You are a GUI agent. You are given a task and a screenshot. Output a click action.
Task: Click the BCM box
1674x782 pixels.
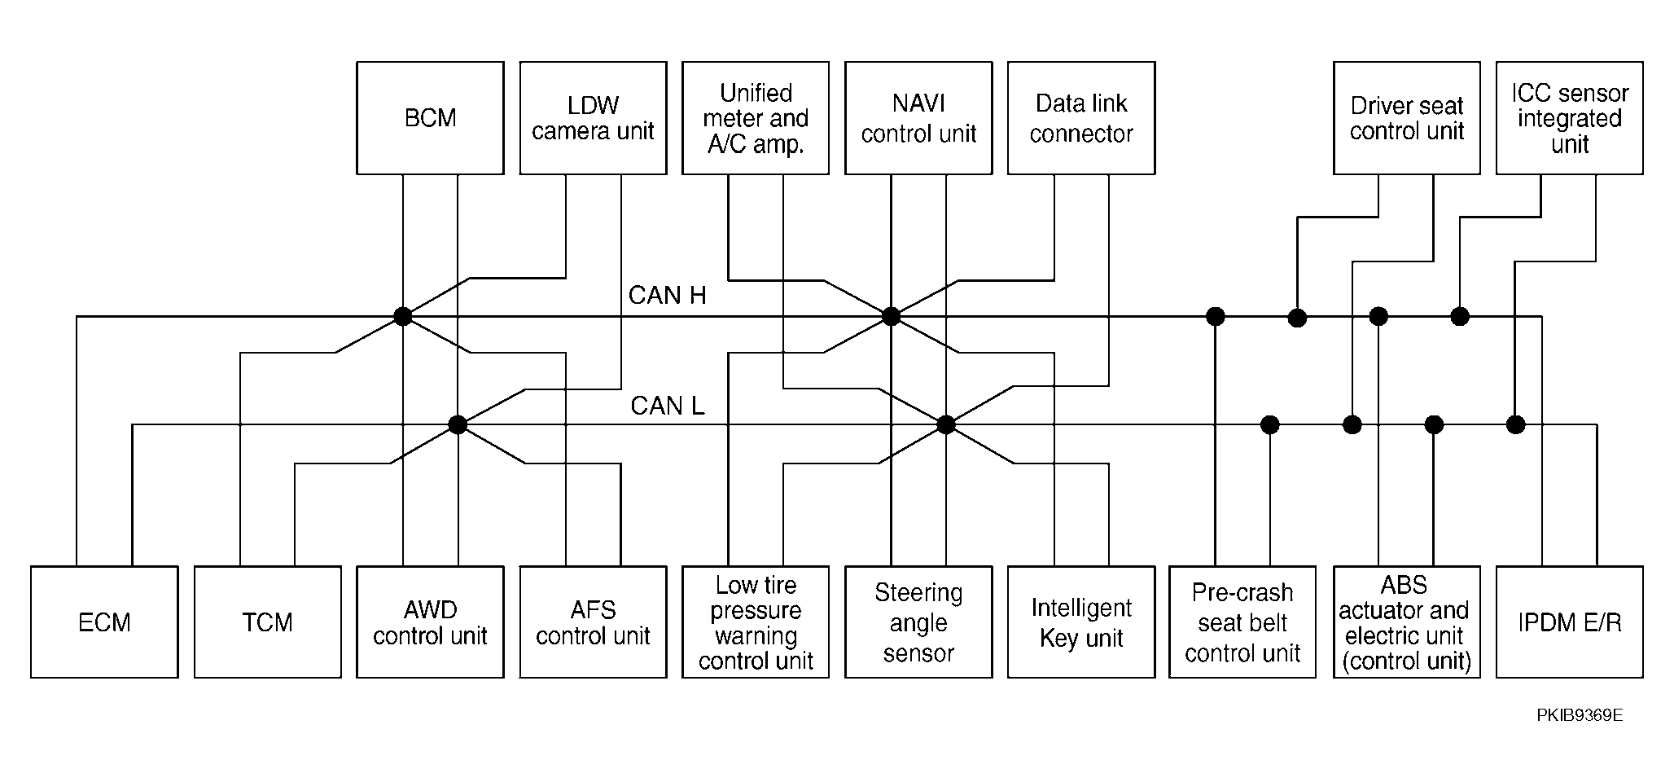430,118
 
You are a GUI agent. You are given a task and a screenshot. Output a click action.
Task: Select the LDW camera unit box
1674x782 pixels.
593,118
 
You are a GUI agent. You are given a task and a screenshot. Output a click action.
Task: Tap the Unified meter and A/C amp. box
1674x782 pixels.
756,118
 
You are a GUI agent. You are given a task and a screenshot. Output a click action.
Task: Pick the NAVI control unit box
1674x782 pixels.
918,118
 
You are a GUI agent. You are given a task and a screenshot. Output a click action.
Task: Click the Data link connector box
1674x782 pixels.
1081,118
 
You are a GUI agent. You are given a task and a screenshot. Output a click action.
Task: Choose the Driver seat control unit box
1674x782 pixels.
1407,118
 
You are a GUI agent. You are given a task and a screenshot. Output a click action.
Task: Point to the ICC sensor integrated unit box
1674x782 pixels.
1570,118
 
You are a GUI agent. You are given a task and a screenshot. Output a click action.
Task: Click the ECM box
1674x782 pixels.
104,622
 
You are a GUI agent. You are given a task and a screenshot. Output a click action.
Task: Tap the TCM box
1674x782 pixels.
268,622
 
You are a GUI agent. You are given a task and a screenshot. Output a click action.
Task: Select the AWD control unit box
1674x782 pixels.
430,622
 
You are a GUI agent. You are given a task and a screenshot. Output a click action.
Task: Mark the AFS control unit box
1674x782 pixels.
593,622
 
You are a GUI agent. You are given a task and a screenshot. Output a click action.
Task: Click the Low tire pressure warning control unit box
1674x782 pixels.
756,622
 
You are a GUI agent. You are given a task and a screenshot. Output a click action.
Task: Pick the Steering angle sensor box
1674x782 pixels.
918,622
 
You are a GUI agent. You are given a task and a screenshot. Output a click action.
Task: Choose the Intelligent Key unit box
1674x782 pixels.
1081,622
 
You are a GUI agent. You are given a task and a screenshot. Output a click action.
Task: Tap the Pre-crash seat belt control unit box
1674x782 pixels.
1242,622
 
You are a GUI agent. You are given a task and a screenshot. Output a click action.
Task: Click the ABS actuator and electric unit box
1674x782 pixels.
1407,622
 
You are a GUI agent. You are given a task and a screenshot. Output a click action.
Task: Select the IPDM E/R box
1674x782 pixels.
1570,622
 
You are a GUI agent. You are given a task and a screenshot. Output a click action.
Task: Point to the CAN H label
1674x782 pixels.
668,295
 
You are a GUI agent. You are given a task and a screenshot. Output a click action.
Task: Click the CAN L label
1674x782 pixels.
668,405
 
